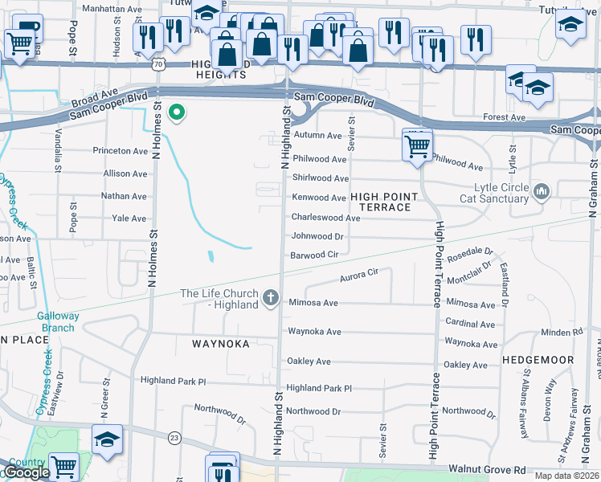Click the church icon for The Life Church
[271, 299]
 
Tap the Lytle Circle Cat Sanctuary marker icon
[541, 191]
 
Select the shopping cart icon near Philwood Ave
[417, 147]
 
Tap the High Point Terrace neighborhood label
[384, 202]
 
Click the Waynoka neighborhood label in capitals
[221, 343]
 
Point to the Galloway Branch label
[58, 321]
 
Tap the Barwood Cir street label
[314, 255]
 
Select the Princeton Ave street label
[121, 150]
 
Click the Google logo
[27, 472]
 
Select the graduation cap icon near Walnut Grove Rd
[107, 439]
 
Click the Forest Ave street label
[505, 117]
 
